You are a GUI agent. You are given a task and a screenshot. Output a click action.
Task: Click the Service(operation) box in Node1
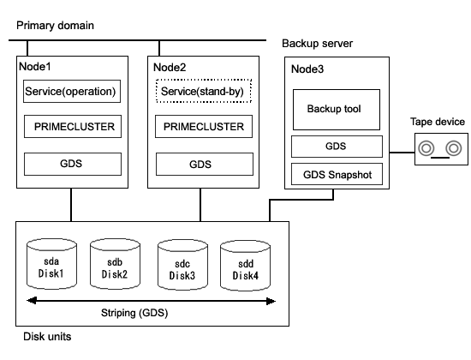pos(72,91)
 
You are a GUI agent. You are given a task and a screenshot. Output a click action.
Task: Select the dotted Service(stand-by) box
pos(204,91)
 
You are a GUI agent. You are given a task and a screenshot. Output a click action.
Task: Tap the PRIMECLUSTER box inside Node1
pos(73,126)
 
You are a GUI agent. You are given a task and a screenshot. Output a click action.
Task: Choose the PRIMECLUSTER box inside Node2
pos(204,126)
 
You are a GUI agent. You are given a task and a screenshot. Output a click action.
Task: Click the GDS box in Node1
pos(73,164)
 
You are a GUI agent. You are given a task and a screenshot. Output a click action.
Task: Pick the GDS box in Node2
pos(205,165)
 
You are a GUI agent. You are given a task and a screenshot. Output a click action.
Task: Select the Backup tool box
pos(337,110)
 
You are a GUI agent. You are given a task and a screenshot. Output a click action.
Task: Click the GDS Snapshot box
pos(337,174)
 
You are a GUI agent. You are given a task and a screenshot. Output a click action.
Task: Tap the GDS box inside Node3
pos(337,147)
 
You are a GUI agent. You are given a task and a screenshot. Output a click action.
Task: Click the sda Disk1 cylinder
pos(51,264)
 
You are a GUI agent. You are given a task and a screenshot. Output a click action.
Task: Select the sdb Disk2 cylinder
pos(115,264)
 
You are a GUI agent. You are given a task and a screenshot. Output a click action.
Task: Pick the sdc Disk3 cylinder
pos(182,265)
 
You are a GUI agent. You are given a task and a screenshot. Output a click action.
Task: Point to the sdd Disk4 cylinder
pos(245,266)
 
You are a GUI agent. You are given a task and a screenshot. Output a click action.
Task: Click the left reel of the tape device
pos(426,148)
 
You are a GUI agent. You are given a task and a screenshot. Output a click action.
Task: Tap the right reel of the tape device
pos(454,148)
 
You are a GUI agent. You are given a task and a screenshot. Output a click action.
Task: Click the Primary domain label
pos(55,26)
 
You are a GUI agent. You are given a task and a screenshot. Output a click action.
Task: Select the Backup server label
pos(317,44)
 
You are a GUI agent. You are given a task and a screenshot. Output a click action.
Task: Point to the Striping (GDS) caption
pos(134,313)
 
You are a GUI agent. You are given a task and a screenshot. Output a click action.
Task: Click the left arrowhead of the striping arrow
pos(31,301)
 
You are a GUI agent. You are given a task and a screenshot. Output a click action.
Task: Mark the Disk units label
pos(47,337)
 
